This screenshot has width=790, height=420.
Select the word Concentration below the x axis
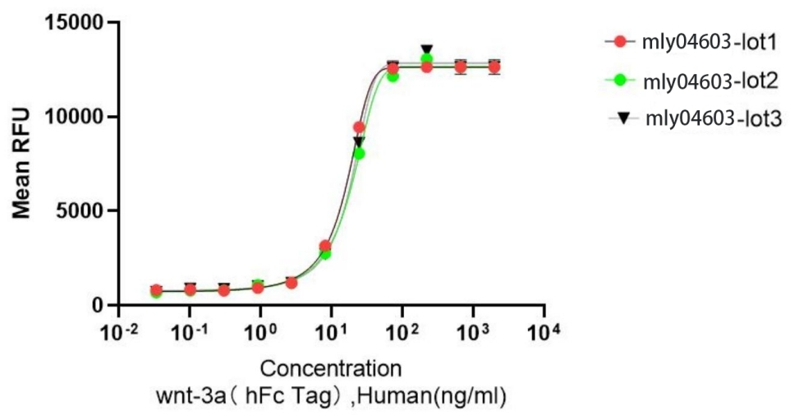331,367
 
